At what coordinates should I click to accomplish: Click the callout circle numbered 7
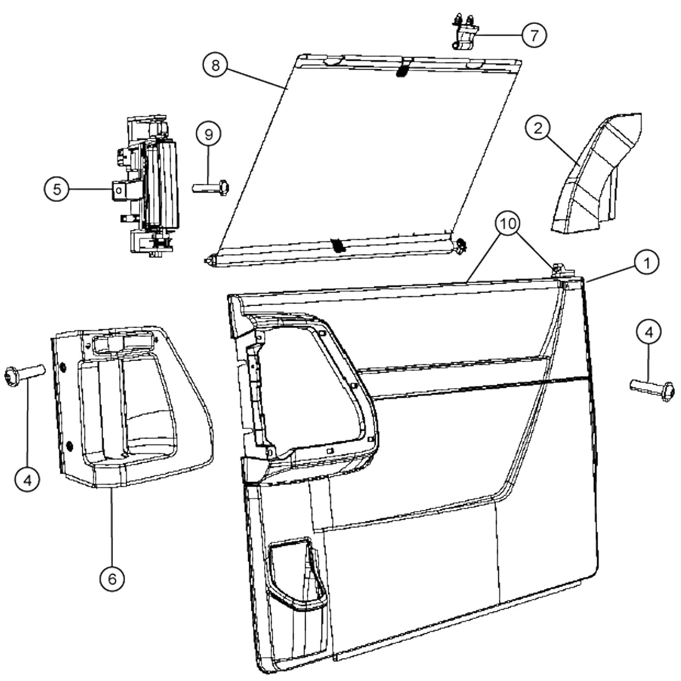[534, 35]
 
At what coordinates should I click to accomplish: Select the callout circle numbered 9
[209, 134]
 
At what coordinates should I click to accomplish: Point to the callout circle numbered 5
[57, 189]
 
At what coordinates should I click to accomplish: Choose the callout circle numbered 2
[538, 128]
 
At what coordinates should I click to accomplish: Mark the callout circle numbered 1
[647, 263]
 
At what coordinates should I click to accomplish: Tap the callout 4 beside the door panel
[649, 332]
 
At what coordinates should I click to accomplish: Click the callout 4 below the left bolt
[27, 480]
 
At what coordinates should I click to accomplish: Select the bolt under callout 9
[211, 187]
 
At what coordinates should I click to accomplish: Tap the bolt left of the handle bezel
[24, 375]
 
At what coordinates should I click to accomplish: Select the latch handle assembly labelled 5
[149, 187]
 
